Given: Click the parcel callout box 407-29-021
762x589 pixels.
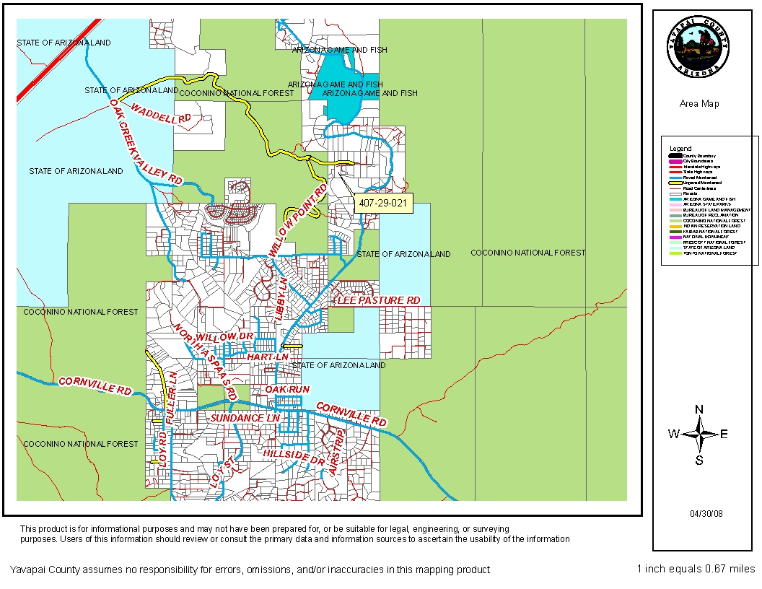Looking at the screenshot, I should pyautogui.click(x=382, y=204).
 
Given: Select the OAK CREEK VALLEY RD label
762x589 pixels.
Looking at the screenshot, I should pyautogui.click(x=146, y=141).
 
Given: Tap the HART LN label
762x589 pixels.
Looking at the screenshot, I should pyautogui.click(x=268, y=357).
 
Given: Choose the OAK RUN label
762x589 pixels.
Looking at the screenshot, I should pyautogui.click(x=287, y=389).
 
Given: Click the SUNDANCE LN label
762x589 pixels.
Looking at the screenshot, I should pyautogui.click(x=245, y=418).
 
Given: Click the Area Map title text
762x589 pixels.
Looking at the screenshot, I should pyautogui.click(x=698, y=104).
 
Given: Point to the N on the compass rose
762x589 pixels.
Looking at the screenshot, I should pyautogui.click(x=698, y=409).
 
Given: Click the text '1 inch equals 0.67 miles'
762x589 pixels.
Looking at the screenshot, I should pyautogui.click(x=696, y=569).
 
